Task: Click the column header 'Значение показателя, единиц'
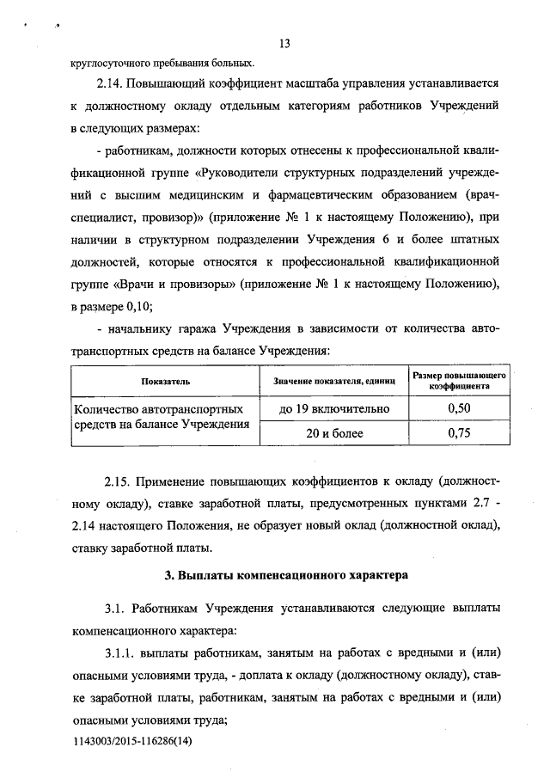333,381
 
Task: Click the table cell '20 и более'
333,434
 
